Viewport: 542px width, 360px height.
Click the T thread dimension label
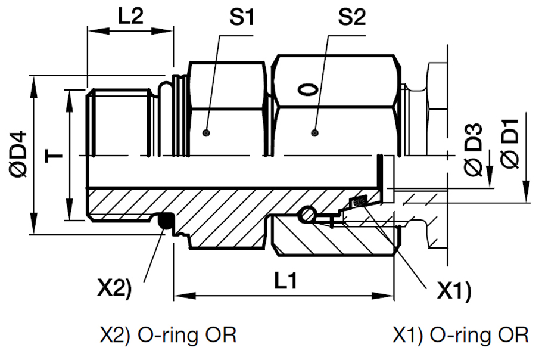[55, 156]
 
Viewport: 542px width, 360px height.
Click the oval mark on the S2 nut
[308, 90]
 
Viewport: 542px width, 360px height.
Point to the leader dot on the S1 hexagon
[207, 132]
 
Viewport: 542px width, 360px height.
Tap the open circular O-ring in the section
[307, 214]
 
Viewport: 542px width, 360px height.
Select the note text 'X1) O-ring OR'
[460, 335]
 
